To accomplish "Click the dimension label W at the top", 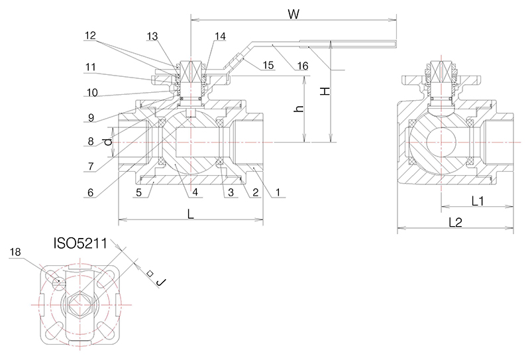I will (291, 13).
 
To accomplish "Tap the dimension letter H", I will (324, 91).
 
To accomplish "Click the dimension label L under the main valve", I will (191, 213).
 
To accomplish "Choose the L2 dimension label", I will (455, 223).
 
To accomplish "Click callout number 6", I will (91, 193).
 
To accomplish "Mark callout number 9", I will (91, 119).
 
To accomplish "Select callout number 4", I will (195, 193).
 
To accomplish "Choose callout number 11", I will (91, 66).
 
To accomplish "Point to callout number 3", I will (230, 193).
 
